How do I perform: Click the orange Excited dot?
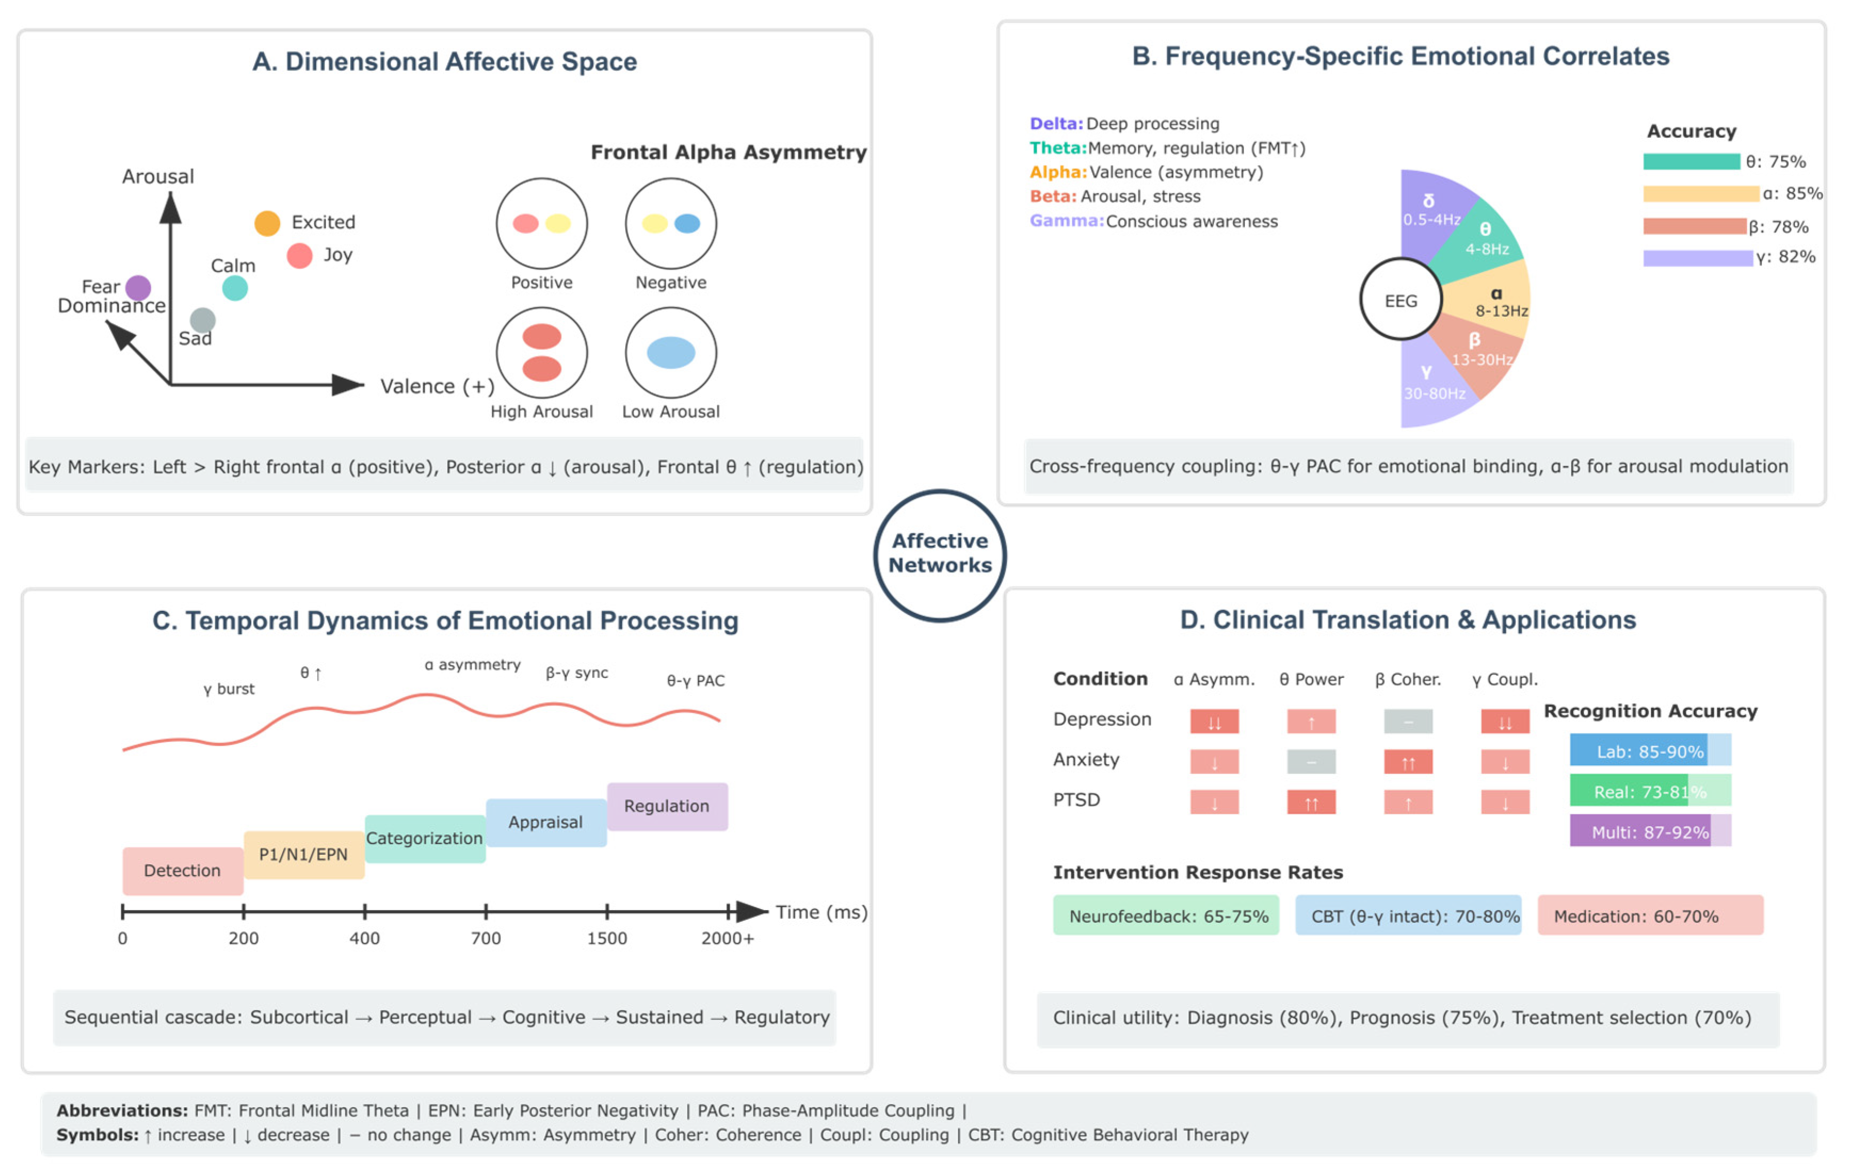[x=266, y=224]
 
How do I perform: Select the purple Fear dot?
[x=139, y=288]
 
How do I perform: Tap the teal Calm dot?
[x=235, y=289]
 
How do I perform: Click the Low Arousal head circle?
[x=670, y=353]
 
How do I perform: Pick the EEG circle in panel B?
[x=1401, y=300]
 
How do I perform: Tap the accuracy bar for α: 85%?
[x=1700, y=194]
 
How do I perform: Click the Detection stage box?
[x=182, y=870]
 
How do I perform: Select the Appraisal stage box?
[x=546, y=822]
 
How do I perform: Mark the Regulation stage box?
[x=666, y=806]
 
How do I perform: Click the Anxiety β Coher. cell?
[x=1408, y=762]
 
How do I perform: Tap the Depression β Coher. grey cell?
[x=1408, y=722]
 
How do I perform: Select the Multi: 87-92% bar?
[x=1650, y=831]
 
